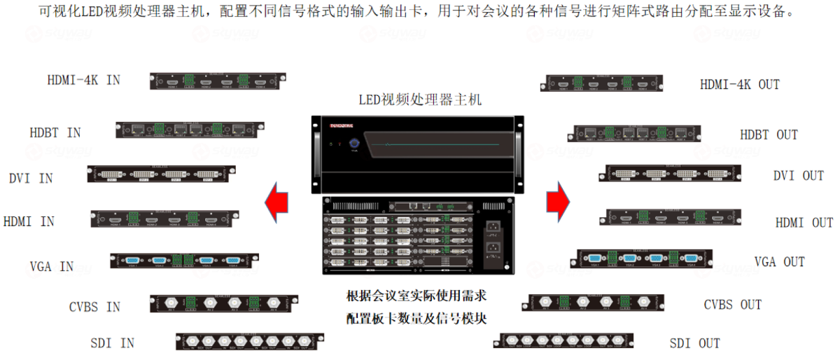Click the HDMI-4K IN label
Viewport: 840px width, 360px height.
coord(84,80)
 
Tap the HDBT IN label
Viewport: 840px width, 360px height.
coord(55,132)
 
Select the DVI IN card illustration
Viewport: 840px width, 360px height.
coord(161,174)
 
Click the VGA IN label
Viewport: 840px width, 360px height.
coord(52,266)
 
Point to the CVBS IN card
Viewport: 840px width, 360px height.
coord(224,303)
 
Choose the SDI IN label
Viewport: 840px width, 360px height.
coord(112,343)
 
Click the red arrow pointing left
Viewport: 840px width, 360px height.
coord(276,201)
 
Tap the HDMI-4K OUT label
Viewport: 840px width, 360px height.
coord(739,85)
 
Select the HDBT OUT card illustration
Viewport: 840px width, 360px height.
coord(637,133)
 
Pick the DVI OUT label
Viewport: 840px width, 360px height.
coord(798,176)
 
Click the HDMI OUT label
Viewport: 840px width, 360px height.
coord(804,223)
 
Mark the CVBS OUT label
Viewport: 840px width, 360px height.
coord(732,305)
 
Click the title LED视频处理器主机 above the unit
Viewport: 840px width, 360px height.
coord(421,100)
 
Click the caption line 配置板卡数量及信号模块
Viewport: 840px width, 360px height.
coord(417,319)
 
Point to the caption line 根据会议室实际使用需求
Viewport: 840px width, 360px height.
coord(417,296)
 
